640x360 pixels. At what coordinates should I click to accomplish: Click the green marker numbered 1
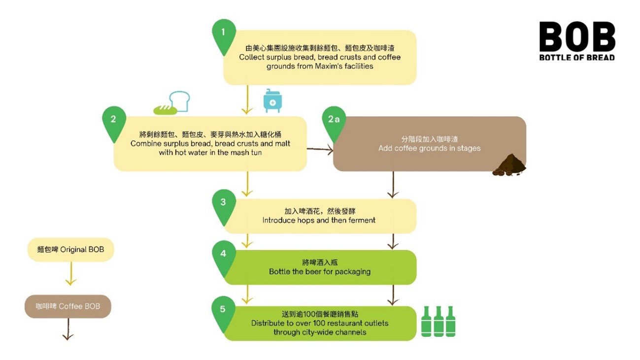[223, 33]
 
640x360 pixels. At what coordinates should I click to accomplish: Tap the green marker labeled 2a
[334, 120]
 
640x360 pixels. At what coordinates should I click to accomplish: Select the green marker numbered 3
[223, 202]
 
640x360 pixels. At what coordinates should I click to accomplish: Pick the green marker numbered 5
[223, 309]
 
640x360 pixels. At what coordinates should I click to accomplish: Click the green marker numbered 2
[113, 120]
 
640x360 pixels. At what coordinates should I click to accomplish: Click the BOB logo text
[577, 37]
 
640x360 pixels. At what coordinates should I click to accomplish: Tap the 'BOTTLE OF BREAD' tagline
[577, 58]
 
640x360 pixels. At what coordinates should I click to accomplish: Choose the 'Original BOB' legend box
[70, 250]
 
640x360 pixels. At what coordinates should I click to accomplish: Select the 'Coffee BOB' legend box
[68, 306]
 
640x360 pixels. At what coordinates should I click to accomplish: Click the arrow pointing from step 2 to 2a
[320, 148]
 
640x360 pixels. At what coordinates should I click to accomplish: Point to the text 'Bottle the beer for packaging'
[319, 271]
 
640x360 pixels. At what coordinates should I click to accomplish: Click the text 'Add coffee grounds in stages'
[429, 148]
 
